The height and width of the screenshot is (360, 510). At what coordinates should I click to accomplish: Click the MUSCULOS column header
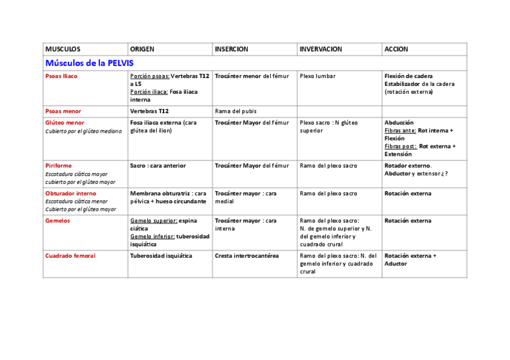click(x=63, y=49)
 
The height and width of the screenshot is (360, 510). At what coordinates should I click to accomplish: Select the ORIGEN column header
click(x=142, y=49)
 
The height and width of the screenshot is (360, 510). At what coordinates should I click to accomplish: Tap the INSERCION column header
click(x=232, y=49)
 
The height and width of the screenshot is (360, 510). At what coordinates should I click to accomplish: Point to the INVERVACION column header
click(x=321, y=49)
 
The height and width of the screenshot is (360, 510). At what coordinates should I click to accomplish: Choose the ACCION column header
click(x=396, y=49)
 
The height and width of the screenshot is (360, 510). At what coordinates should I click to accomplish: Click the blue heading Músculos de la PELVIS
click(x=90, y=63)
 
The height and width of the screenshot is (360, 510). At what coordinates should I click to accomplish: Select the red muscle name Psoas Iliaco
click(x=61, y=76)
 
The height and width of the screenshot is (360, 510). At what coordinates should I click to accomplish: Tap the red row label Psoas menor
click(x=63, y=111)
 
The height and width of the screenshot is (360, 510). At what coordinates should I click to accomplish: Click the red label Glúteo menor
click(x=64, y=123)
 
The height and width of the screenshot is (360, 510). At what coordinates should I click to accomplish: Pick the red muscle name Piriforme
click(x=58, y=166)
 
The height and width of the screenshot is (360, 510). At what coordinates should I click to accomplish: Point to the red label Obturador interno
click(x=70, y=194)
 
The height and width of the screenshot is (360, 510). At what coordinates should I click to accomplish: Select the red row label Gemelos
click(x=58, y=221)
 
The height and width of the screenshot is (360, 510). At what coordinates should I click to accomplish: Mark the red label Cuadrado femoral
click(x=70, y=256)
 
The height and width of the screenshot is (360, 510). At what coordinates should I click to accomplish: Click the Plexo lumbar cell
click(x=318, y=76)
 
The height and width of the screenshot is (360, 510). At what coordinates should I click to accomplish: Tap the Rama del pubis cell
click(x=236, y=111)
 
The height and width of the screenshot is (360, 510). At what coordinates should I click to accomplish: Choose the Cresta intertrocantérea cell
click(x=247, y=256)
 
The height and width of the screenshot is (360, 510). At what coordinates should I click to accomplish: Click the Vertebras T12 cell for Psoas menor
click(x=150, y=111)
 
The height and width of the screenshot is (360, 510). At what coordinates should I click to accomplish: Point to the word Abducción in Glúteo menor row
click(x=399, y=123)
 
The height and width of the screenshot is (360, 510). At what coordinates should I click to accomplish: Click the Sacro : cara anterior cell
click(x=158, y=166)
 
